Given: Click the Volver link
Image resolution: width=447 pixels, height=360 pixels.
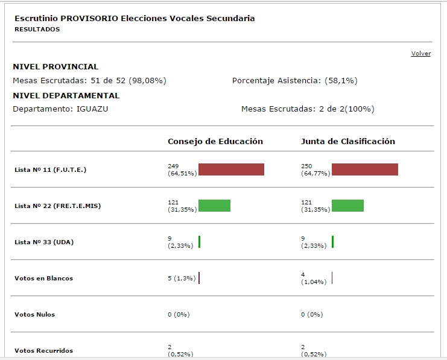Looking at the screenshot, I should click(x=420, y=54).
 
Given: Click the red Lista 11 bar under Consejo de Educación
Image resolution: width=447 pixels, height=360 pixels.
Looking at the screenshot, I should click(x=231, y=169).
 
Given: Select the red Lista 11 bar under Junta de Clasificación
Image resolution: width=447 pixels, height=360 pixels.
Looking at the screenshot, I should click(x=364, y=169).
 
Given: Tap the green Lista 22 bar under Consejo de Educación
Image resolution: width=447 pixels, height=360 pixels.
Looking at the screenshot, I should click(x=214, y=206).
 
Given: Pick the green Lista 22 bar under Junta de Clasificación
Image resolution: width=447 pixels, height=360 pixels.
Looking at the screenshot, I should click(x=347, y=206).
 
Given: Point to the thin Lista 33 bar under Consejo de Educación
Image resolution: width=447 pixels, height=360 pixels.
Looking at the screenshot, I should click(x=199, y=242).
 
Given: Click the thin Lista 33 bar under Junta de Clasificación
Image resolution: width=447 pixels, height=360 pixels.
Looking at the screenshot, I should click(x=332, y=242).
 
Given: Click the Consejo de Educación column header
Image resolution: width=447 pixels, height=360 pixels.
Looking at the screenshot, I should click(x=215, y=142).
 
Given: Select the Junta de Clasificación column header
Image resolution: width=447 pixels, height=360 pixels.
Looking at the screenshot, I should click(x=348, y=142).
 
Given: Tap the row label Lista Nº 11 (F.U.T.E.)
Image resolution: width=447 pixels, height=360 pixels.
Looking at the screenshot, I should click(x=50, y=170).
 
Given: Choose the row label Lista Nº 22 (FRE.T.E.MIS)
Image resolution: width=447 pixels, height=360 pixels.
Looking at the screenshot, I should click(x=57, y=206).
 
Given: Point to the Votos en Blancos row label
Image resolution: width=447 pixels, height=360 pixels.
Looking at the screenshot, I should click(x=43, y=279).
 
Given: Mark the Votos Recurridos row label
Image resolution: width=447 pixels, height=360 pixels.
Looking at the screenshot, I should click(x=43, y=351).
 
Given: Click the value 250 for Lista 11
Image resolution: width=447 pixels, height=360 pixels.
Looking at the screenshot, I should click(x=307, y=166).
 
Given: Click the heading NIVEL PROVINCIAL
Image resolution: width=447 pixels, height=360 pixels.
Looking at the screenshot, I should click(x=55, y=67).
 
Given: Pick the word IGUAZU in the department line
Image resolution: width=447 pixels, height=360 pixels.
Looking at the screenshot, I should click(x=92, y=109).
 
